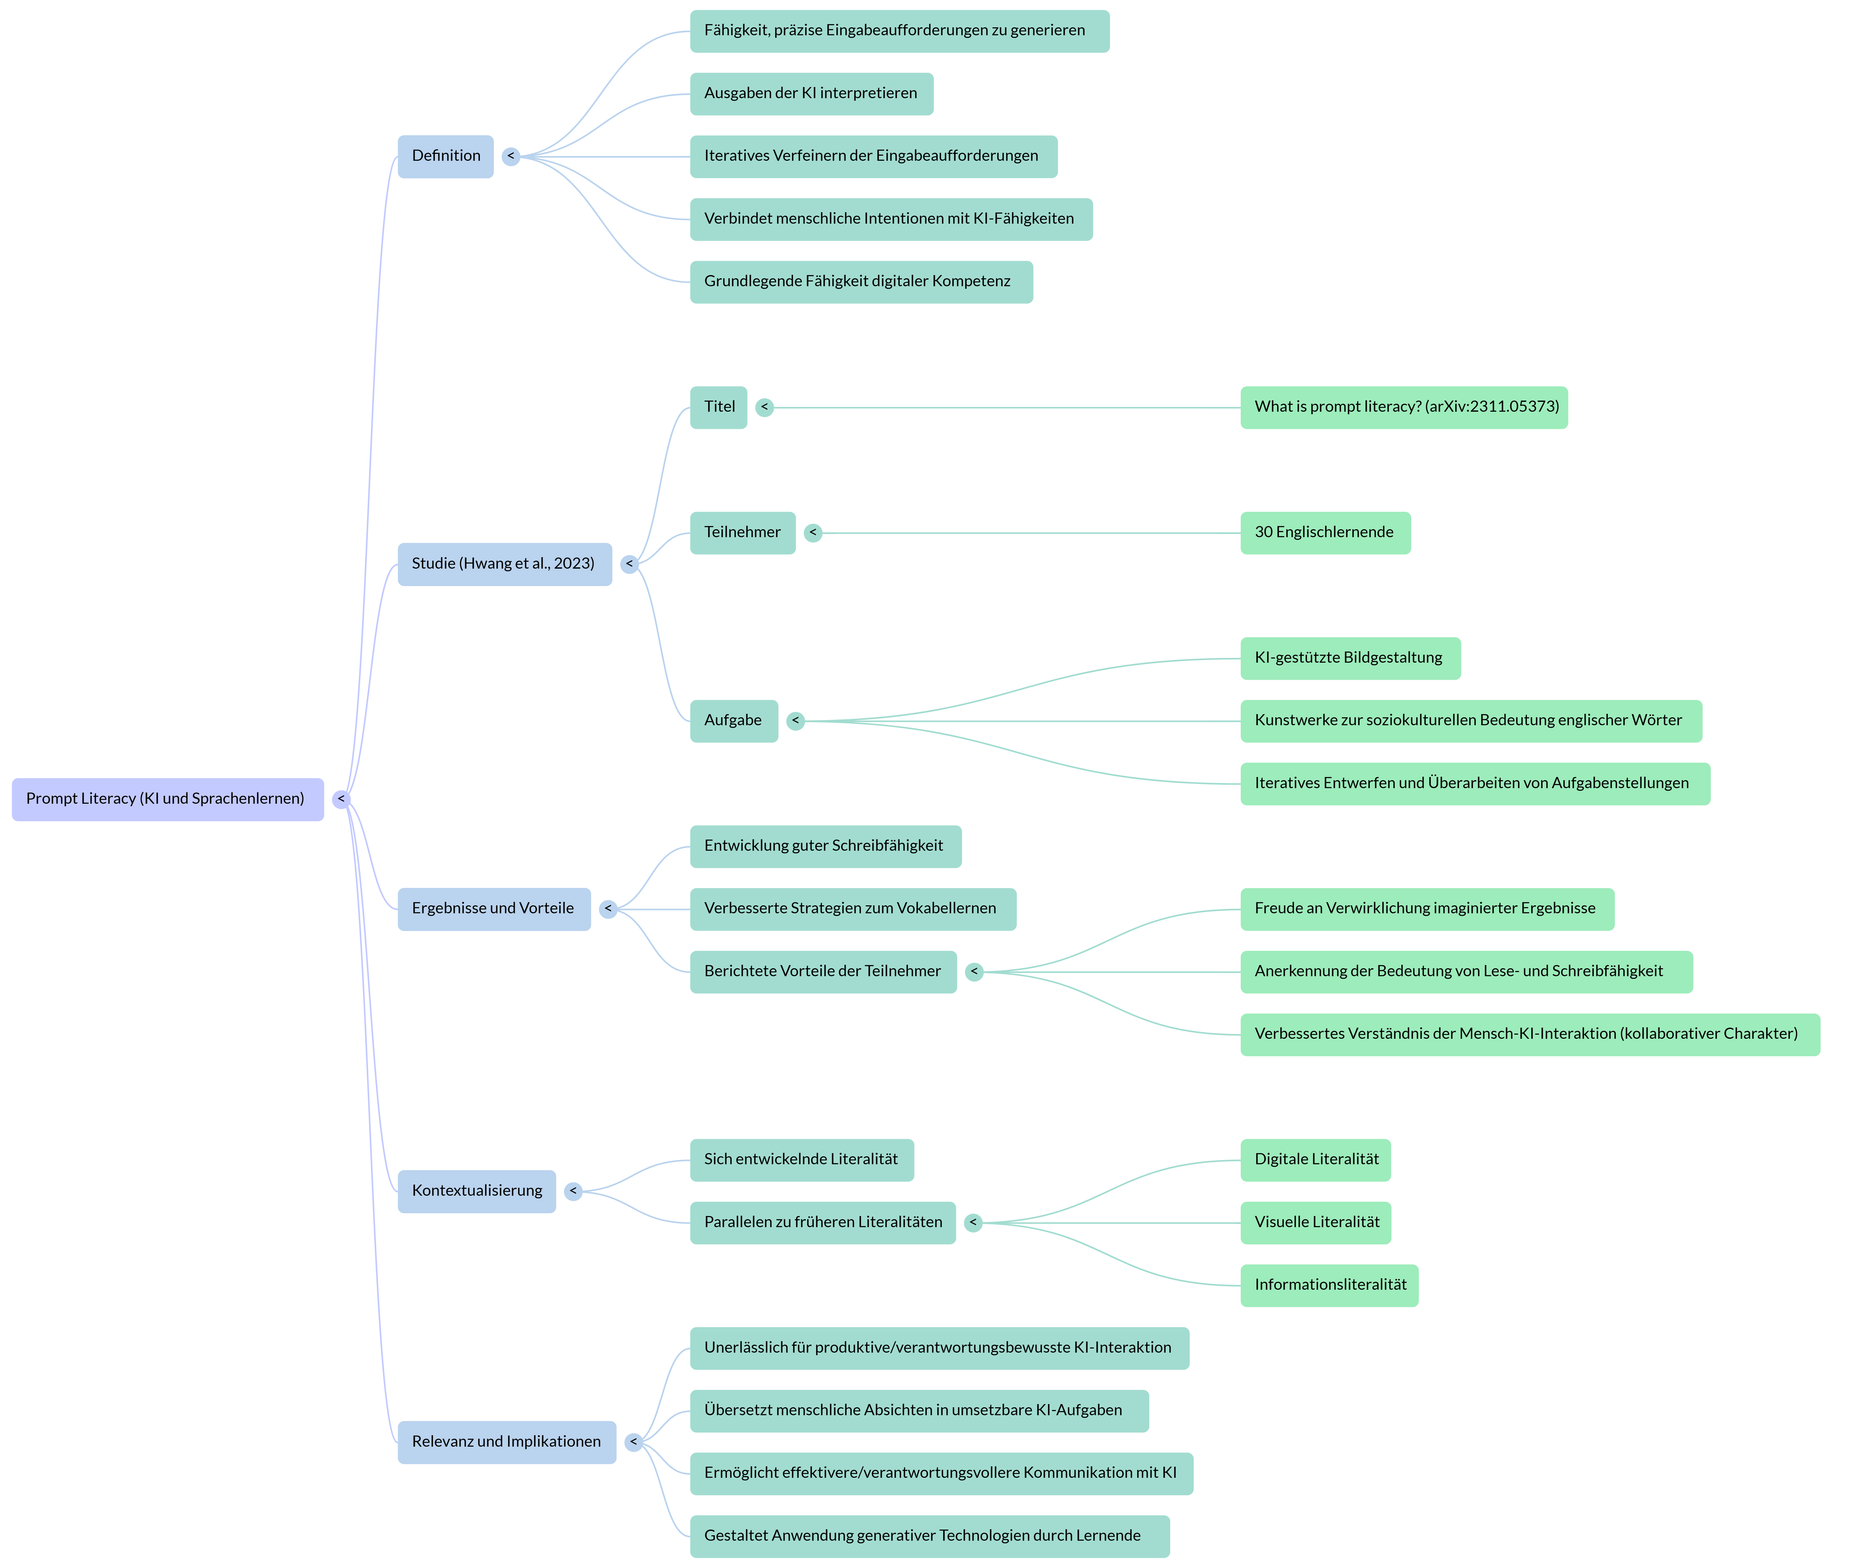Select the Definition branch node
pos(445,156)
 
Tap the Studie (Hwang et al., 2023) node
pos(504,564)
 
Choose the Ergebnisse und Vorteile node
pos(493,909)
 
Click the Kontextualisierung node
pos(476,1191)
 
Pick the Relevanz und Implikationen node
pos(506,1442)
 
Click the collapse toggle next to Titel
pos(764,407)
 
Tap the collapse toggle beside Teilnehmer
pos(812,532)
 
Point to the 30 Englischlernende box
pos(1324,532)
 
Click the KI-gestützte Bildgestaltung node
pos(1349,658)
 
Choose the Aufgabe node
pos(733,721)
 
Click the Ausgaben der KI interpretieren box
pos(810,93)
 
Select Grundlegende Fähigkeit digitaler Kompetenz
pos(860,282)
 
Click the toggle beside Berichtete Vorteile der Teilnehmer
pos(974,971)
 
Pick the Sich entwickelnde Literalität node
pos(801,1160)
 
